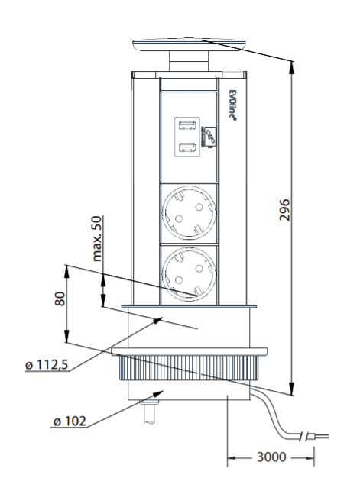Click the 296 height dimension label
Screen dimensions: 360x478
[x=284, y=210]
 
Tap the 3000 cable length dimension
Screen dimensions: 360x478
[x=271, y=457]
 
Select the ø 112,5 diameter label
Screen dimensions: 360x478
[x=47, y=364]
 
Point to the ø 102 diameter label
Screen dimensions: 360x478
[x=70, y=421]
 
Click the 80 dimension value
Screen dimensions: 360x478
[x=60, y=299]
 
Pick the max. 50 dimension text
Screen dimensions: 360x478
[x=97, y=238]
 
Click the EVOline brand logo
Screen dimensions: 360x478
[x=232, y=105]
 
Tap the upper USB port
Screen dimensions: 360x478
[x=187, y=125]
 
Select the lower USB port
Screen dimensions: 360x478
[x=187, y=147]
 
